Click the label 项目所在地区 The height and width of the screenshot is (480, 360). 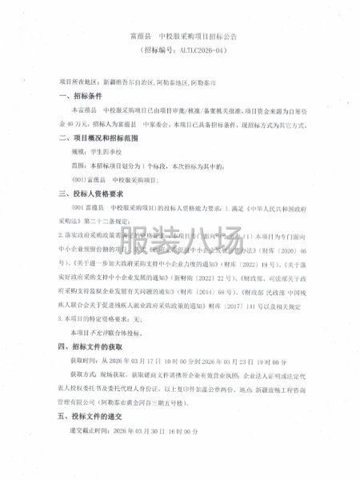click(x=81, y=82)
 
